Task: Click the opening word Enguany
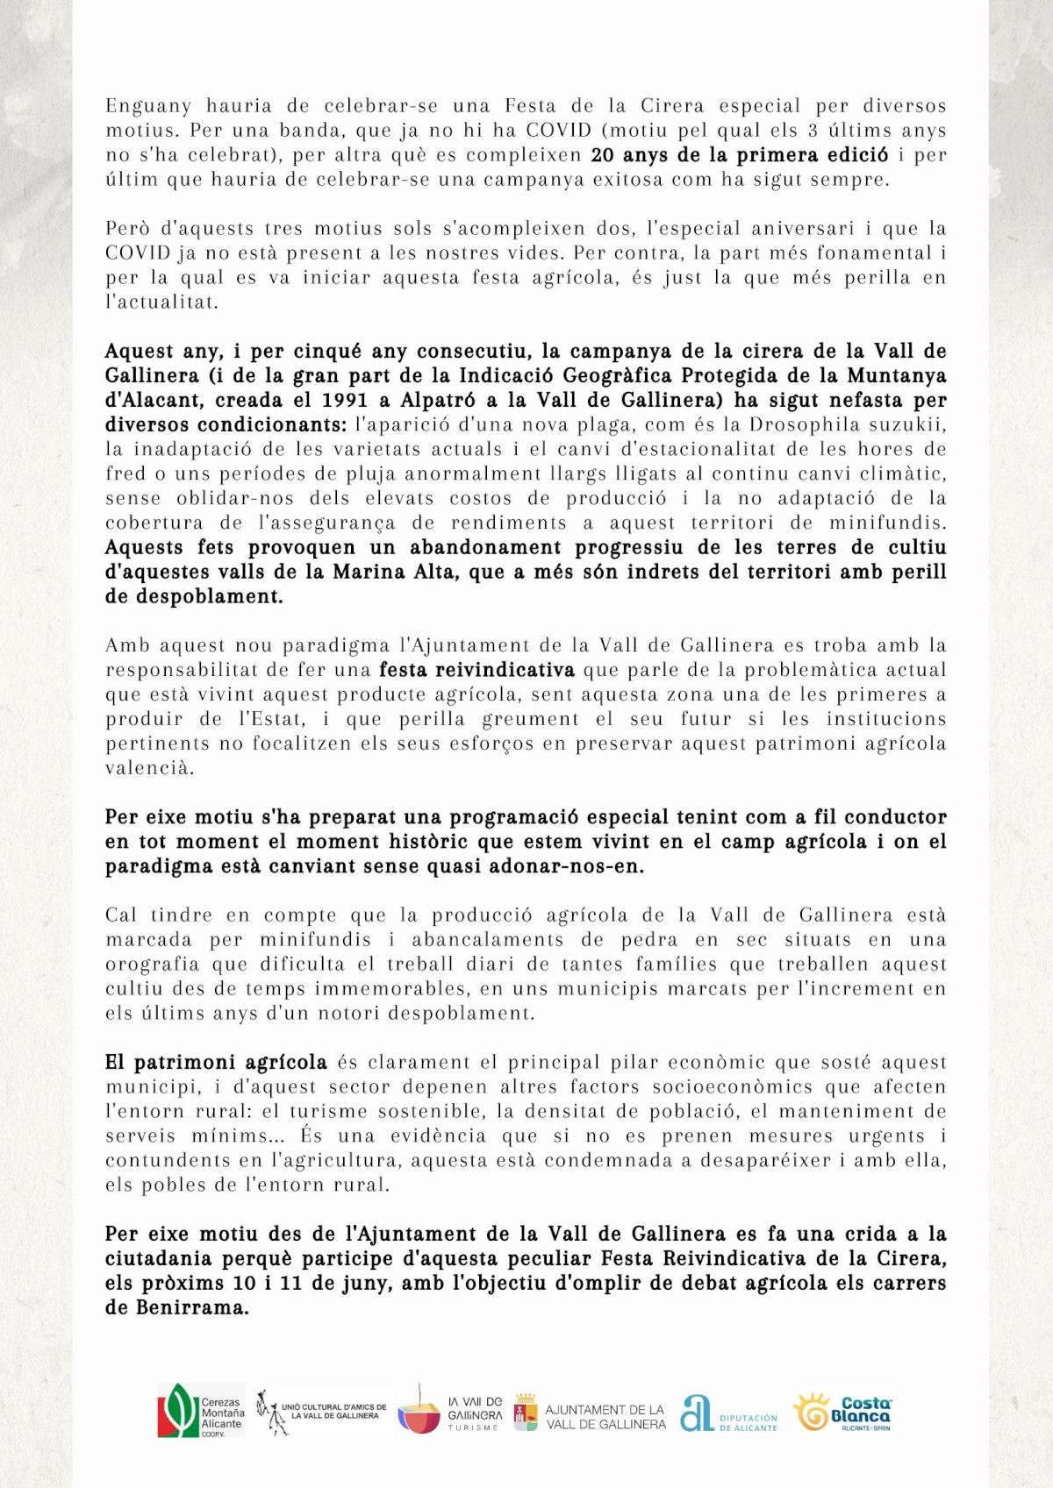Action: click(148, 106)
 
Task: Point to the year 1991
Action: click(345, 401)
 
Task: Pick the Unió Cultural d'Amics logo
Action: click(321, 1412)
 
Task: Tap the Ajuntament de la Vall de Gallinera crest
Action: click(526, 1412)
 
